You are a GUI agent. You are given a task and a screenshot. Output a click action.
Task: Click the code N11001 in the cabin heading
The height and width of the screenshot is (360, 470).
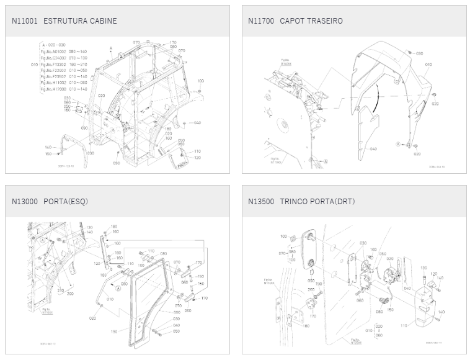[25, 21]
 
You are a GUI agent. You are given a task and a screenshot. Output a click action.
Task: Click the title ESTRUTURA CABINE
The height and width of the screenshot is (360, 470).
[80, 21]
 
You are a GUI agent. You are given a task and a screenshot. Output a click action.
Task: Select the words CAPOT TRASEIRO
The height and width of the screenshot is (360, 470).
[311, 21]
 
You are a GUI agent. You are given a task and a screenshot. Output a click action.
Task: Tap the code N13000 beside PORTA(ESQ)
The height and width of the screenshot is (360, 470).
[25, 201]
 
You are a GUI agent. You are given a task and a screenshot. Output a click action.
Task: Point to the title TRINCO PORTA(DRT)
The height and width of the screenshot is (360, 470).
[317, 201]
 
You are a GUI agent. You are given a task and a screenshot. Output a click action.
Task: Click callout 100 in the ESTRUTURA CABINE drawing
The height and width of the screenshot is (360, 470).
[201, 81]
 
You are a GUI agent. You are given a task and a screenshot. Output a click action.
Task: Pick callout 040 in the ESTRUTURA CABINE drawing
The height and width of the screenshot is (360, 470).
[197, 123]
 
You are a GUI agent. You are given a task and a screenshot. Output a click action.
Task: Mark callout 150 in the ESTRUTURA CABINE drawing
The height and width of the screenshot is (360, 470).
[48, 154]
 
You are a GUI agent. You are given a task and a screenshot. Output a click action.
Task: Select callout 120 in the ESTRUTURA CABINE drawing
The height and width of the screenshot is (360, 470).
[198, 158]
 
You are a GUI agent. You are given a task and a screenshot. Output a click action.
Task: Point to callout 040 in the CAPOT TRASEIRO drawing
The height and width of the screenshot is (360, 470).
[373, 149]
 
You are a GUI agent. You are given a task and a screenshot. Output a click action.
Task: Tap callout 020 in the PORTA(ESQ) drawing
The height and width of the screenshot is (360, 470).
[92, 318]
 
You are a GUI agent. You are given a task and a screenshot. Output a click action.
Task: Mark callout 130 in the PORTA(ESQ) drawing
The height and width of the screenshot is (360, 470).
[89, 227]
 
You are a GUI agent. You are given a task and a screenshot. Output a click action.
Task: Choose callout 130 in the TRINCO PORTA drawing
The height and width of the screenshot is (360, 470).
[424, 268]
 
